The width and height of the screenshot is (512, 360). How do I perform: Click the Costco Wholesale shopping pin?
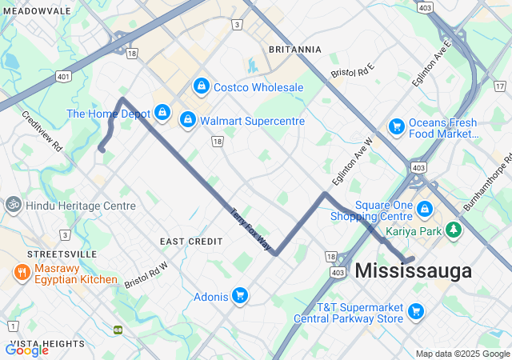(201, 86)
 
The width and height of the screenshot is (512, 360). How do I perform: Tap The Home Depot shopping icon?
(162, 112)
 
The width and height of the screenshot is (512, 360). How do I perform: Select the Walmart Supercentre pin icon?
(187, 120)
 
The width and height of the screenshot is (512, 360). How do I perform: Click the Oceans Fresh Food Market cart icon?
(396, 126)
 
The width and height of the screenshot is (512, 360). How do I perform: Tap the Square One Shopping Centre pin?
(424, 210)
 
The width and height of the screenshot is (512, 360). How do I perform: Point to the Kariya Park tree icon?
(454, 230)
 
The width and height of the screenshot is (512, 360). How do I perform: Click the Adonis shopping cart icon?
(239, 296)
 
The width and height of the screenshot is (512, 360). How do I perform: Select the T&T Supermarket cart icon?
(415, 311)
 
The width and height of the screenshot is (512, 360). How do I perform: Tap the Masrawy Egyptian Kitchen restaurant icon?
(21, 274)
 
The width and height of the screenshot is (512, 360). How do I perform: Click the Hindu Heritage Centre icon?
(13, 205)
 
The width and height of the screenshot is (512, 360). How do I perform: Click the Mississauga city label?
(413, 271)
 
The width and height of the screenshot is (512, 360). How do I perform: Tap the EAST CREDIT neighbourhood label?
(191, 241)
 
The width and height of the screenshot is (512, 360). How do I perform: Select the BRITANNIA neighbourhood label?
(294, 50)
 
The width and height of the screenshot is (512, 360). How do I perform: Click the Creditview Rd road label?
(42, 131)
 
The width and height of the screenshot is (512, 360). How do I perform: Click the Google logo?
(26, 350)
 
